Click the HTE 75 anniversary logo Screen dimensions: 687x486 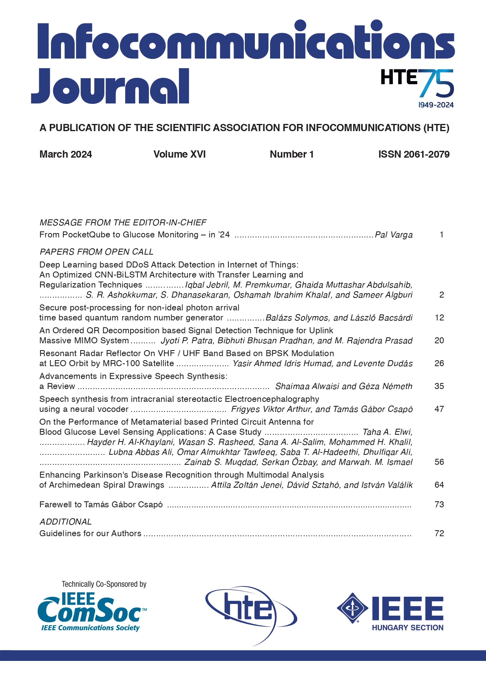click(417, 84)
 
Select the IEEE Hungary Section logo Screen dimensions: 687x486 click(390, 612)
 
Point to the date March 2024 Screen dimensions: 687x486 click(66, 154)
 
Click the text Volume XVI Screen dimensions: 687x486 click(179, 154)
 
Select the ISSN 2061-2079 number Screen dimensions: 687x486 click(414, 154)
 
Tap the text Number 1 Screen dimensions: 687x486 click(292, 154)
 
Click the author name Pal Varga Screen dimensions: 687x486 click(394, 235)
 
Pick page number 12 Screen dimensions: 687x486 click(439, 318)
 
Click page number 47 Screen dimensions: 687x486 click(439, 409)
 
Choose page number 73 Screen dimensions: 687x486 click(439, 505)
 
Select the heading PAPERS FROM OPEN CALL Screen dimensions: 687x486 click(96, 252)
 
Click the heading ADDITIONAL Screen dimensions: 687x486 click(65, 522)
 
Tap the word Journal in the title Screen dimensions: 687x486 click(110, 86)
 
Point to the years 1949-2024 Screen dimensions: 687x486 click(436, 105)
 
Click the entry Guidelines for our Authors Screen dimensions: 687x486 click(90, 533)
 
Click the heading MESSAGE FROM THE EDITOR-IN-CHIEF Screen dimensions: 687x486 click(123, 223)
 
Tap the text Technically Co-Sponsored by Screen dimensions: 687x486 click(104, 584)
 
